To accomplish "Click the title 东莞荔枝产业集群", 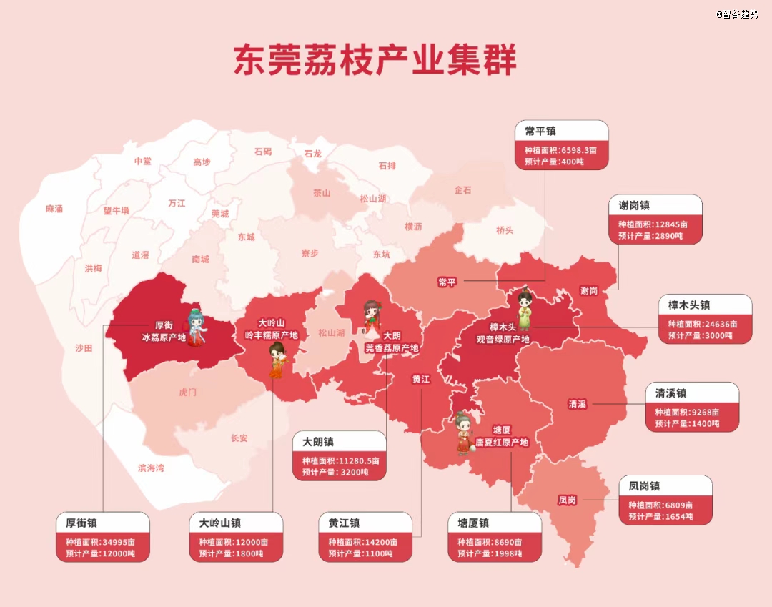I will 375,61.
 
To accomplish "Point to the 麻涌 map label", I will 54,209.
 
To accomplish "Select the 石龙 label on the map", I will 312,154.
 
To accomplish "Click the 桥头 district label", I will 505,230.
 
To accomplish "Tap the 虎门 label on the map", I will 187,393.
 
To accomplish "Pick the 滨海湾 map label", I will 151,468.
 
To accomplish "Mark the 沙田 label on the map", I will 84,348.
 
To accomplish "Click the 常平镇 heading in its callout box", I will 540,131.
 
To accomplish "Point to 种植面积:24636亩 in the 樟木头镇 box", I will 702,324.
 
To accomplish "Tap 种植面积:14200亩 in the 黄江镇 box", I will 363,542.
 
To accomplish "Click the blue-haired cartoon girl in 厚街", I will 195,327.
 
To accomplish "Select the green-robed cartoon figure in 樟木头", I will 525,309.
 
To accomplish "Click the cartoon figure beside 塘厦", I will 464,432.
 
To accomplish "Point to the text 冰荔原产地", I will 164,337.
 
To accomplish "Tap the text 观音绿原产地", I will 503,339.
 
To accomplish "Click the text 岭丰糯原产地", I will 271,335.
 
